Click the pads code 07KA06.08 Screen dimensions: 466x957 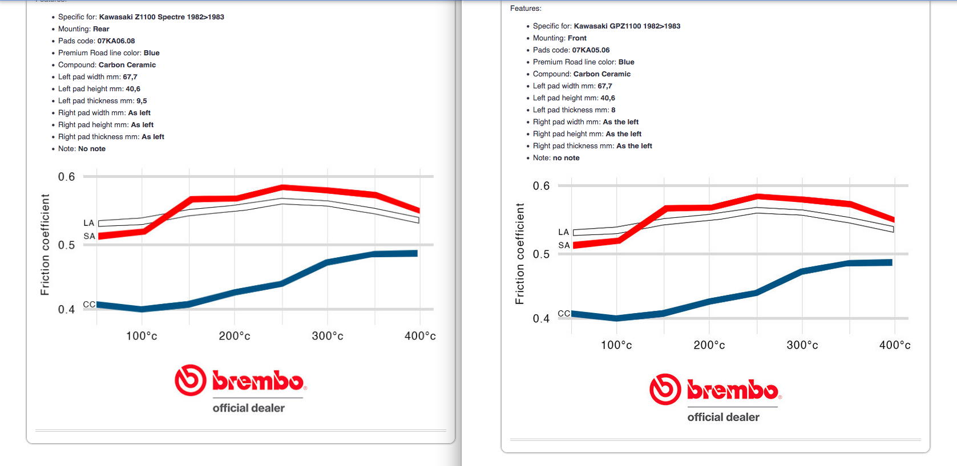(116, 41)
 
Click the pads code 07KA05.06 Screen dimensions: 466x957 (591, 50)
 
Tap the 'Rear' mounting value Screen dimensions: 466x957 (101, 29)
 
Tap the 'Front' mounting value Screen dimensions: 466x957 (577, 38)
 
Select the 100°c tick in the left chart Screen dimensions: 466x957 (142, 336)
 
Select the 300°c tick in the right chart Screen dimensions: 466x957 (802, 345)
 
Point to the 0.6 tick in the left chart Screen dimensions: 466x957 (67, 177)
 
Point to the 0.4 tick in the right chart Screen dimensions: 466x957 (541, 319)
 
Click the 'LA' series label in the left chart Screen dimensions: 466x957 (88, 223)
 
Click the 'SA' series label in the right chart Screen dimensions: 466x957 (564, 245)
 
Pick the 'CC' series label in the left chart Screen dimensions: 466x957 (89, 305)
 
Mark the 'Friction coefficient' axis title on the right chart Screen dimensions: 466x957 (519, 254)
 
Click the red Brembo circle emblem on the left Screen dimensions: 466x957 (190, 380)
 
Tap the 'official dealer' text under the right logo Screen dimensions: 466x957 (723, 417)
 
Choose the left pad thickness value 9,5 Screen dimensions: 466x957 (142, 101)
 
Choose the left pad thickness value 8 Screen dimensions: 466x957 (613, 110)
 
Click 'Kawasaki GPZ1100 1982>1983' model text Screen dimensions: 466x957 (627, 26)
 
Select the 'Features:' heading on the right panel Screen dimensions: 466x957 (526, 9)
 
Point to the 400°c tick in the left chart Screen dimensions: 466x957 (419, 336)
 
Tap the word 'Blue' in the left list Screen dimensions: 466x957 (151, 53)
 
